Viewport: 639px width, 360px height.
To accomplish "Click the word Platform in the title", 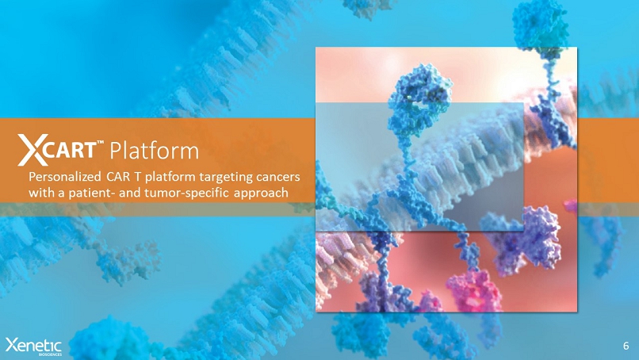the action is tap(155, 151).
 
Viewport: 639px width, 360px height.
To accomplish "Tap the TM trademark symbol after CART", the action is tap(101, 143).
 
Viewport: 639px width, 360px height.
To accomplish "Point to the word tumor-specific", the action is tap(187, 193).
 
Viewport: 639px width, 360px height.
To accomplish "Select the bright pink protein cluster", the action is tap(476, 290).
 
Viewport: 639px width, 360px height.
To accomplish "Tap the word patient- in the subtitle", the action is tap(91, 193).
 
